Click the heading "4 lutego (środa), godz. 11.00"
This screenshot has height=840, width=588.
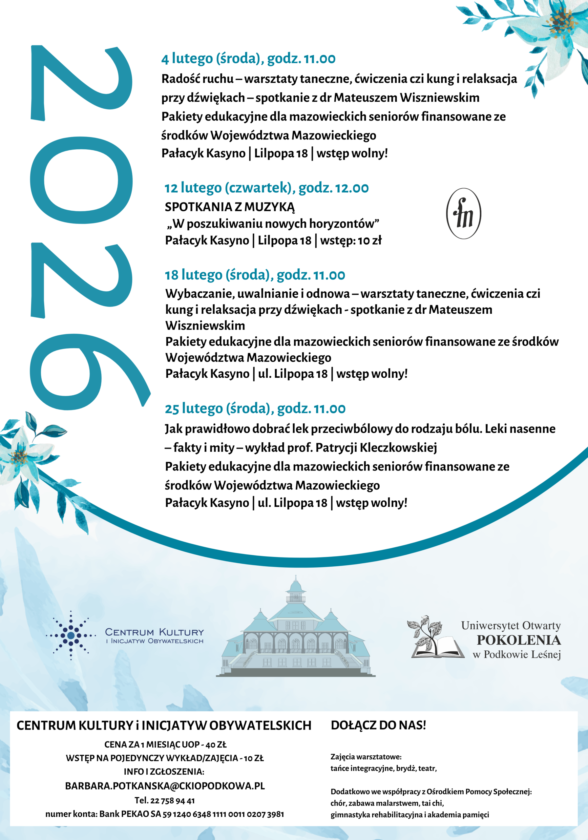(x=248, y=58)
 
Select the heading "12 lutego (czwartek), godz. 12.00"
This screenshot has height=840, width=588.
(x=266, y=188)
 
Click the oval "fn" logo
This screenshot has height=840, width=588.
(x=464, y=214)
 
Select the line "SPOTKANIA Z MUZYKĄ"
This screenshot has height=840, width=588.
(x=229, y=207)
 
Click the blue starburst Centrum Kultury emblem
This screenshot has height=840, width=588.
(x=71, y=636)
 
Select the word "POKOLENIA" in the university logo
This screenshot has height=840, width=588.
(x=518, y=640)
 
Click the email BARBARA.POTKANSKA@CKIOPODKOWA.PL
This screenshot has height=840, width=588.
(x=165, y=786)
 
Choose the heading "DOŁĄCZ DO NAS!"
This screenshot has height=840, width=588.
(x=378, y=725)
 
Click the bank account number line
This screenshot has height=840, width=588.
(x=165, y=814)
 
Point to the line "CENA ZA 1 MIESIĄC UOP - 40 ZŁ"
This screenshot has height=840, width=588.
(x=165, y=745)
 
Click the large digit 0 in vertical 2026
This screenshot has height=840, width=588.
(x=81, y=180)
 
